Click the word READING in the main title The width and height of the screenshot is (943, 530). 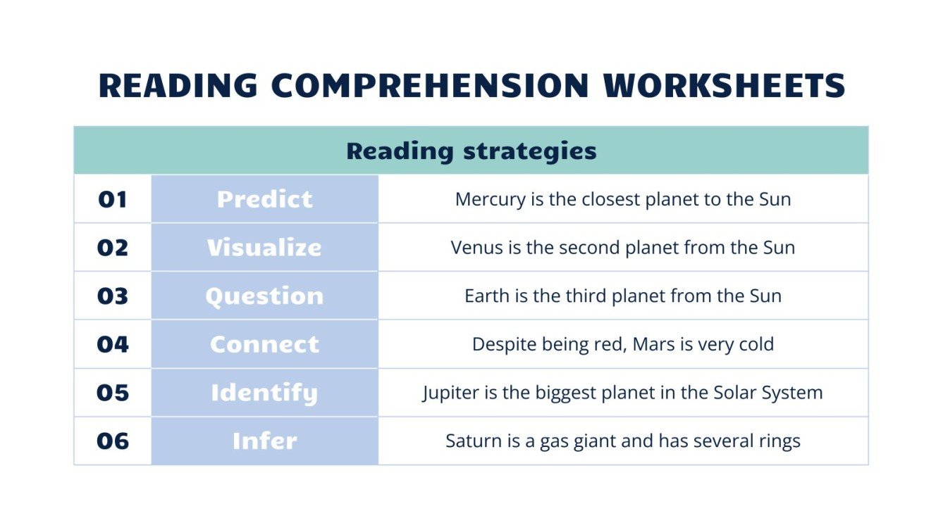(178, 86)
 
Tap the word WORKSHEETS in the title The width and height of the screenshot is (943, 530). (724, 86)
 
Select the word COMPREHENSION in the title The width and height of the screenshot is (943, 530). (430, 86)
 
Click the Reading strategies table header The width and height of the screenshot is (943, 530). (471, 151)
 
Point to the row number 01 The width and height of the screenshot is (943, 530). (113, 200)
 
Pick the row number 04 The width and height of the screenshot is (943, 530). (113, 345)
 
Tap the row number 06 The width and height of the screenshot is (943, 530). (113, 441)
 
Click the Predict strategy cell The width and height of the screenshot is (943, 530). (264, 200)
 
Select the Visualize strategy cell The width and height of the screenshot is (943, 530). (264, 248)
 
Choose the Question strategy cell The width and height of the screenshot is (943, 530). (264, 296)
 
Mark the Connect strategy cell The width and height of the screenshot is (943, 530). (264, 345)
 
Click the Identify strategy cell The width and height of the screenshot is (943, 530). (264, 393)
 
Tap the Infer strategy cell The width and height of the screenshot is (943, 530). (264, 441)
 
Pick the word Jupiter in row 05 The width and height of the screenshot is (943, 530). (448, 393)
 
